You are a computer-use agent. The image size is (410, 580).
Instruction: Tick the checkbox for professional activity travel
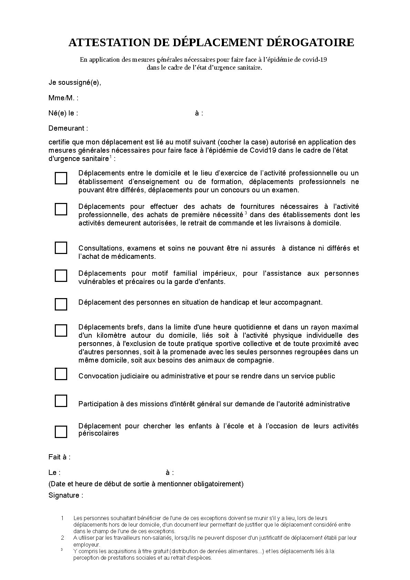pyautogui.click(x=61, y=178)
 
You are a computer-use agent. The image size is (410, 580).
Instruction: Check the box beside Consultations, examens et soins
pyautogui.click(x=61, y=248)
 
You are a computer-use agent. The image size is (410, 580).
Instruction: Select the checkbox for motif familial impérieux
pyautogui.click(x=61, y=276)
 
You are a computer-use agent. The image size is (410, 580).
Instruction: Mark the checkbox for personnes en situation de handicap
pyautogui.click(x=61, y=304)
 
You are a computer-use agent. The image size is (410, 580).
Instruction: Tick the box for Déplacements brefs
pyautogui.click(x=61, y=330)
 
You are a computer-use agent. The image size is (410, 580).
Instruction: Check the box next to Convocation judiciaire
pyautogui.click(x=61, y=374)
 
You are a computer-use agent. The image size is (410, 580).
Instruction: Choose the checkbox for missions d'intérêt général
pyautogui.click(x=61, y=401)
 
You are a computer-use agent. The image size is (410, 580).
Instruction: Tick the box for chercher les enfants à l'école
pyautogui.click(x=61, y=432)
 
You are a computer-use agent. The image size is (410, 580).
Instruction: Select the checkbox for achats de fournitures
pyautogui.click(x=61, y=209)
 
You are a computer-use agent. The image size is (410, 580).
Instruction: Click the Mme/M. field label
pyautogui.click(x=63, y=98)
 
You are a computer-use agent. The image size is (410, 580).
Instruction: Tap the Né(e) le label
pyautogui.click(x=63, y=113)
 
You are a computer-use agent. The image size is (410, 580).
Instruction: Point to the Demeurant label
pyautogui.click(x=68, y=129)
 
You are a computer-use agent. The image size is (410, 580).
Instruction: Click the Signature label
pyautogui.click(x=66, y=496)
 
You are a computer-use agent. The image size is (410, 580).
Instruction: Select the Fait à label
pyautogui.click(x=59, y=457)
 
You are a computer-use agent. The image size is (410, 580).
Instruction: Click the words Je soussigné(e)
pyautogui.click(x=75, y=83)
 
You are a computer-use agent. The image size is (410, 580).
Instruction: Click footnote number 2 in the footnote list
pyautogui.click(x=62, y=538)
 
